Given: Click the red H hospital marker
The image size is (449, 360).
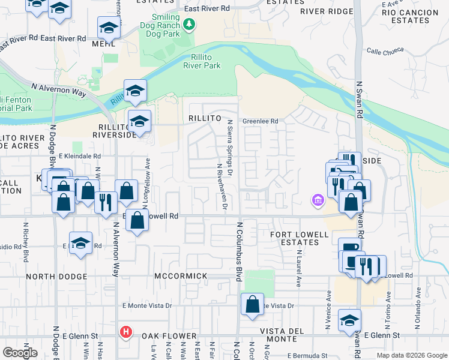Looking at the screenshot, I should (x=125, y=331).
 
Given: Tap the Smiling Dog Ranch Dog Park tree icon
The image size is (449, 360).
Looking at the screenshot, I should (x=190, y=24).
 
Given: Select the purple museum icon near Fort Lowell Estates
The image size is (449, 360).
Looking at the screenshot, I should (x=317, y=200).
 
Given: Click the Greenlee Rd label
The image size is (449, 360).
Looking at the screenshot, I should (x=260, y=121).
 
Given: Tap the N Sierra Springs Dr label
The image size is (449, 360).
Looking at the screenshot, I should (x=229, y=144).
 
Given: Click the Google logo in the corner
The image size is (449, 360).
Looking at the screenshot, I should (x=20, y=353).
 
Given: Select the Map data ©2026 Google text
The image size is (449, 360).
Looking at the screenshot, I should (x=411, y=355).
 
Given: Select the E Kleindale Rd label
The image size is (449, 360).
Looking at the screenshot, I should (x=79, y=155).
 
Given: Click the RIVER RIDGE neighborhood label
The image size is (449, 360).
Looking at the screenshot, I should (x=327, y=11).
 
